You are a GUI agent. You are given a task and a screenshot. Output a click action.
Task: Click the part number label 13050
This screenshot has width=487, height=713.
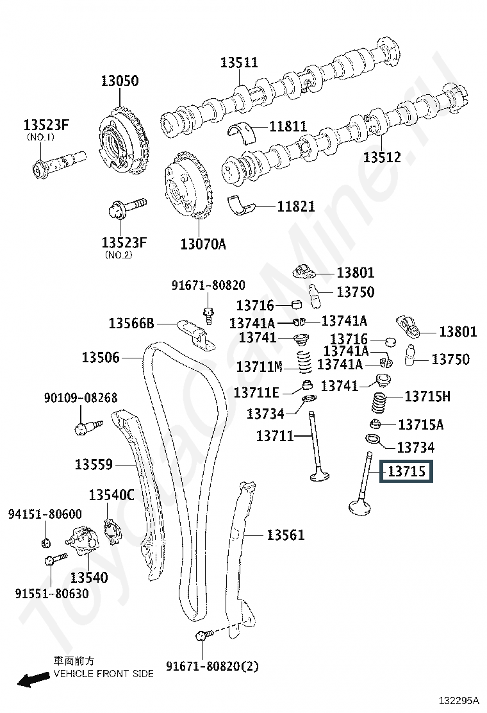[x=119, y=81]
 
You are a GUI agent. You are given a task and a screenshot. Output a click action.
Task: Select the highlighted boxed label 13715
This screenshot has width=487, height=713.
[x=407, y=471]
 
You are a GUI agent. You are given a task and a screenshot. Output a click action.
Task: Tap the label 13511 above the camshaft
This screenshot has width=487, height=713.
[x=239, y=62]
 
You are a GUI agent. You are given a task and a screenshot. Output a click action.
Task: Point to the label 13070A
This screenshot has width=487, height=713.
[x=203, y=244]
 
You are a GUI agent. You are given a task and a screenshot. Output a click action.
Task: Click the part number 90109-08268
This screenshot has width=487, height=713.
[x=80, y=398]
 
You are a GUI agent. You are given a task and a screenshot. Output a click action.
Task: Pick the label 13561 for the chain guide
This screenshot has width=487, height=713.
[x=285, y=535]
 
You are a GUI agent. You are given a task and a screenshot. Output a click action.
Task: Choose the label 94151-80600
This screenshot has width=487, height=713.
[x=45, y=514]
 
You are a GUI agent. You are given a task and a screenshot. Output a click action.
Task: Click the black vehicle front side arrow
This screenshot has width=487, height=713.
[x=33, y=680]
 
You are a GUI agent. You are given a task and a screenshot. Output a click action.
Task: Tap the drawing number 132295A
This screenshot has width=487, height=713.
[x=459, y=700]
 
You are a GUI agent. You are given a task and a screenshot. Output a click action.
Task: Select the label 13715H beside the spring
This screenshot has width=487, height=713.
[x=427, y=396]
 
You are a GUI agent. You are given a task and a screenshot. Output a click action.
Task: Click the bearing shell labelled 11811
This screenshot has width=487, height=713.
[x=241, y=132]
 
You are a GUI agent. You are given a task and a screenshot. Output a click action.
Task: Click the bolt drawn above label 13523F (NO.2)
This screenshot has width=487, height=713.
[x=127, y=207]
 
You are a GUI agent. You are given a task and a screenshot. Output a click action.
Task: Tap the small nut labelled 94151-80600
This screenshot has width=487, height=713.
[x=45, y=542]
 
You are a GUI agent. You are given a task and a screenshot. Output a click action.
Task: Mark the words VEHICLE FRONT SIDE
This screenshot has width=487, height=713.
[x=104, y=673]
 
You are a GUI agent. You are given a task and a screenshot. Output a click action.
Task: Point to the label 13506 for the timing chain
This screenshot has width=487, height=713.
[x=101, y=357]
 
